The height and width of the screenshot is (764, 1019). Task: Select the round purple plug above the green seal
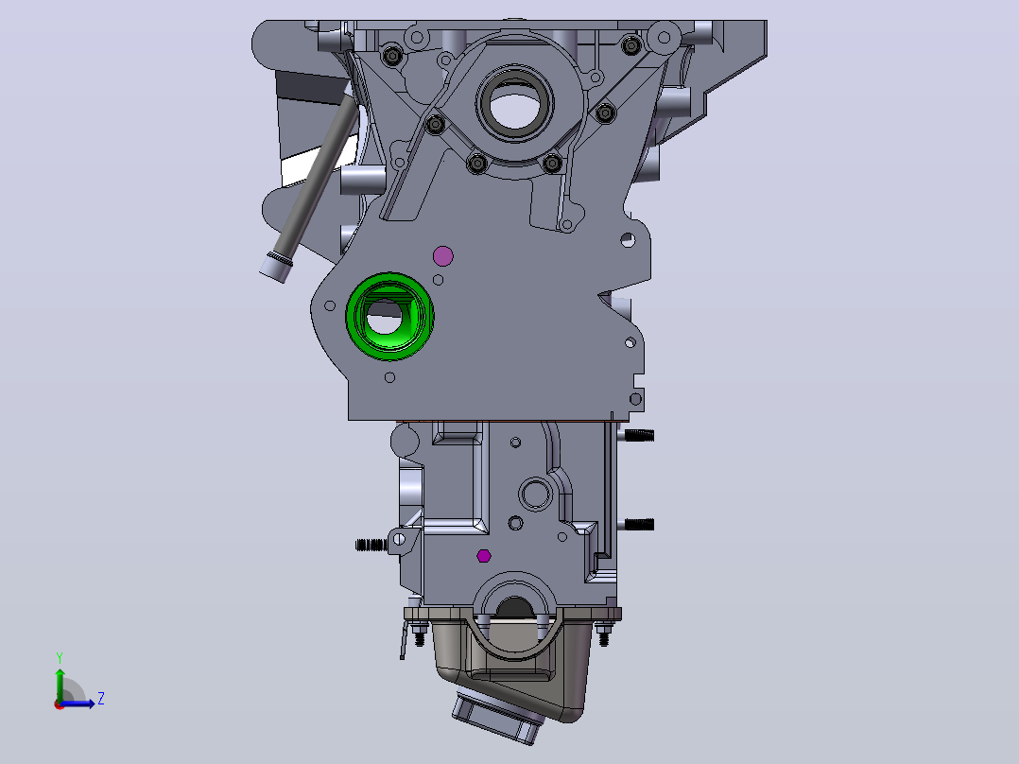(x=442, y=256)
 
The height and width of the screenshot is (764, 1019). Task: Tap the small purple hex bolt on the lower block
(x=484, y=556)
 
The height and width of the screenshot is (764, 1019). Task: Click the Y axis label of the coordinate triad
(x=60, y=658)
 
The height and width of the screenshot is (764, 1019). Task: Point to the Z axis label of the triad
(x=101, y=699)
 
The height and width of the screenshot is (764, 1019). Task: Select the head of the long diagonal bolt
(x=275, y=267)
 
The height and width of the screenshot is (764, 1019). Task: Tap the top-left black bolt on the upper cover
(x=392, y=55)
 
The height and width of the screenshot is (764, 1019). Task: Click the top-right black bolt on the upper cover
(x=631, y=45)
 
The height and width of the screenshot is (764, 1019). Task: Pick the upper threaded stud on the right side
(x=639, y=435)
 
